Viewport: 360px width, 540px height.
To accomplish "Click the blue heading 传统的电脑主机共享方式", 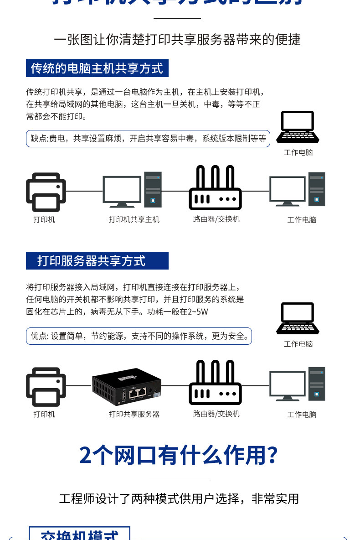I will tap(97, 68).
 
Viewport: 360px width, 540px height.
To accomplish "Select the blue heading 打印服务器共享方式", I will tap(97, 261).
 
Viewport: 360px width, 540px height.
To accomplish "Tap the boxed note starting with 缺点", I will tap(148, 139).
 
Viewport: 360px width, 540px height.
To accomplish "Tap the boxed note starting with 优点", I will tap(139, 336).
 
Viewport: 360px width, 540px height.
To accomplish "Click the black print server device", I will tap(126, 387).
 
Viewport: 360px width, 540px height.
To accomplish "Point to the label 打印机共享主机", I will tap(134, 219).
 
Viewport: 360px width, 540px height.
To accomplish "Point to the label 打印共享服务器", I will tap(134, 414).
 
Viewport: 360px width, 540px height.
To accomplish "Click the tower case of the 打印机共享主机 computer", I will tap(153, 190).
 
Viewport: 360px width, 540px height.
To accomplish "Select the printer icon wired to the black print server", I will tap(46, 387).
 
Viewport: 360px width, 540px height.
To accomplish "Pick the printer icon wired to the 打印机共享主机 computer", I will tap(46, 192).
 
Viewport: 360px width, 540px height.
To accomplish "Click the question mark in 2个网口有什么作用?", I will tap(272, 455).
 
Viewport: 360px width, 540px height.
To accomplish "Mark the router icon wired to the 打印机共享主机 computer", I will tap(215, 188).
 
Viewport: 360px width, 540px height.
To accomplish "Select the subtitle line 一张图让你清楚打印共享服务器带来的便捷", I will tap(177, 40).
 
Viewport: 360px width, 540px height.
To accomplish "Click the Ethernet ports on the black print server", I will tap(138, 391).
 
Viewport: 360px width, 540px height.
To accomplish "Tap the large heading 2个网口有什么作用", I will tap(173, 455).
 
